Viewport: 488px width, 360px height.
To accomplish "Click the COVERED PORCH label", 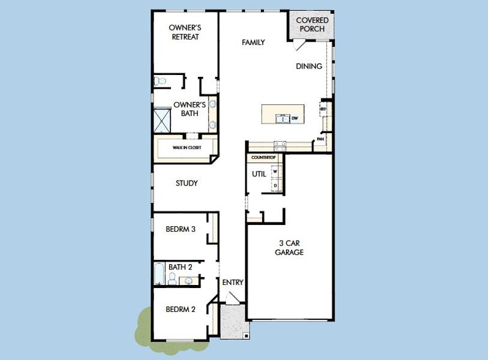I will tap(312, 25).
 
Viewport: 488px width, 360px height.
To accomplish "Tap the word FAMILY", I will tap(253, 43).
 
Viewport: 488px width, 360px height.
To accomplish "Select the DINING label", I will tap(309, 67).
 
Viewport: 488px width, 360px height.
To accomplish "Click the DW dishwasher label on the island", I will tap(294, 119).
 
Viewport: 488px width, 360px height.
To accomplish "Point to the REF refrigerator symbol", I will tap(323, 109).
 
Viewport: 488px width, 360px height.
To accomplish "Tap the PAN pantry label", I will tap(321, 139).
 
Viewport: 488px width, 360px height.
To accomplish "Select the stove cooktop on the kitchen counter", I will tap(279, 145).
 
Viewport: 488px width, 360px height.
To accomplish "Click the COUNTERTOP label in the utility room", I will tap(262, 157).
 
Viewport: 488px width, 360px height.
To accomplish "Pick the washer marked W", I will tap(275, 171).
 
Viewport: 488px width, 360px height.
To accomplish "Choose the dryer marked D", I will tap(275, 185).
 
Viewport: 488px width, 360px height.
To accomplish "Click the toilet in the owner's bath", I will tap(159, 81).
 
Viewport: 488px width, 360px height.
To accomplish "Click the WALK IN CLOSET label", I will tap(187, 147).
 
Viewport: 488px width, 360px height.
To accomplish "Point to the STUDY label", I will tap(186, 183).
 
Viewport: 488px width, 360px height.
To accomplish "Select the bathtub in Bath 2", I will tap(159, 274).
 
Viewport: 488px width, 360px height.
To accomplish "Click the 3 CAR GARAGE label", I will tap(291, 248).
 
